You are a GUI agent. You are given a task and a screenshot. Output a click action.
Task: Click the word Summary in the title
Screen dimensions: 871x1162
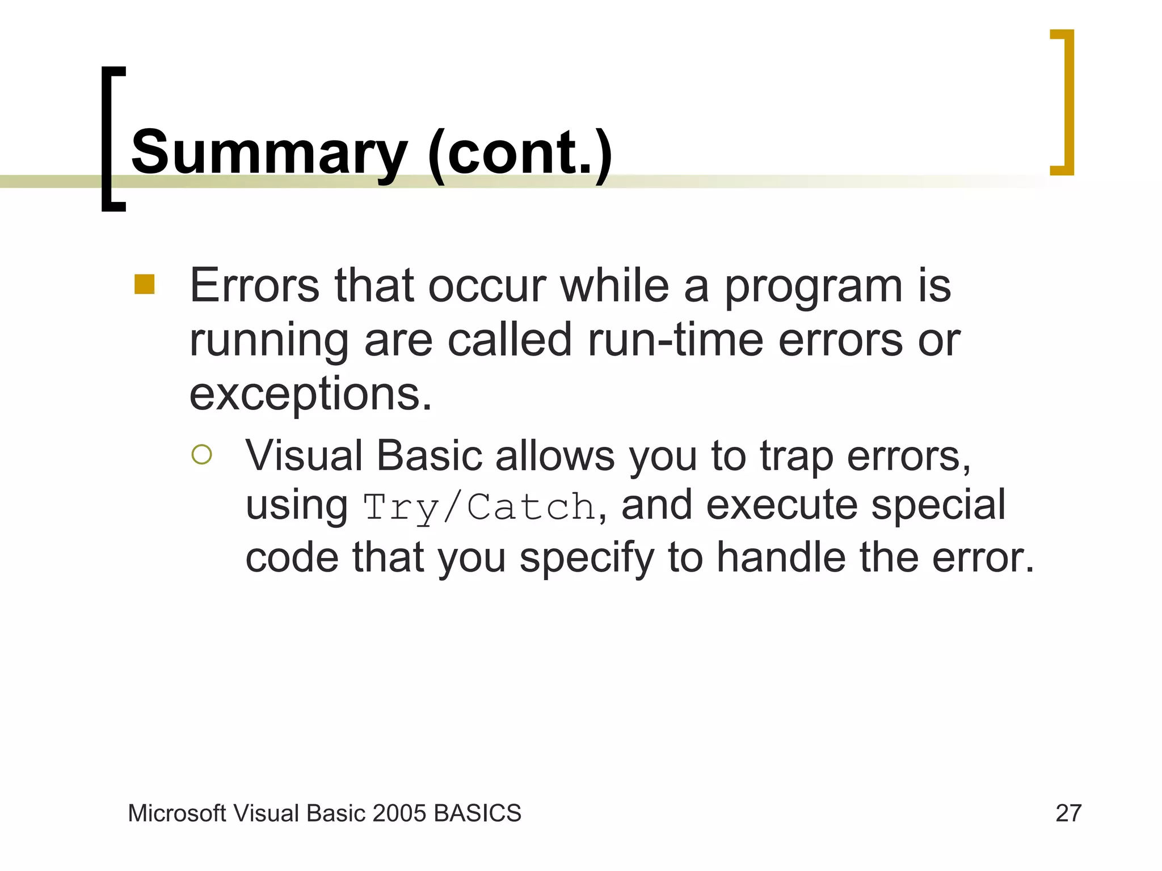269,152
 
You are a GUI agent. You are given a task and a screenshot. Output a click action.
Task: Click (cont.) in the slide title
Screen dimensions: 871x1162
520,152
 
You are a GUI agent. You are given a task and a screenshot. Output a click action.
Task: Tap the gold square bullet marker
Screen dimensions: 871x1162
145,285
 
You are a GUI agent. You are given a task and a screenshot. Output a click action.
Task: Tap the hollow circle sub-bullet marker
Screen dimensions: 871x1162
201,454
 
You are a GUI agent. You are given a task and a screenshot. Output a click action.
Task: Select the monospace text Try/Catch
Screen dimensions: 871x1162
479,506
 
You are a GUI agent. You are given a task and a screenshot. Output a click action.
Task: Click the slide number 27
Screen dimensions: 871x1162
1068,813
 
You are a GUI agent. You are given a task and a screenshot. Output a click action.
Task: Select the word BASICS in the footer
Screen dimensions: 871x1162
477,813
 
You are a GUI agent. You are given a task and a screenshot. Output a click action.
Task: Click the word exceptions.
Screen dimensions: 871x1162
310,395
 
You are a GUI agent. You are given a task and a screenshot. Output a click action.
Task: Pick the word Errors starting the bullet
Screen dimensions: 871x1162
254,286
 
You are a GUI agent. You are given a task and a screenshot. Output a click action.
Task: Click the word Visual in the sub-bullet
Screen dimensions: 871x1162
304,456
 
